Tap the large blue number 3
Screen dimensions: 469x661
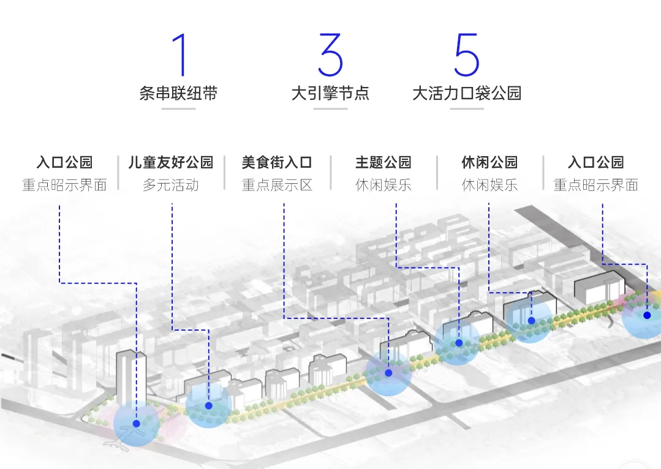330,56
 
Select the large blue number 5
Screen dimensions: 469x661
466,56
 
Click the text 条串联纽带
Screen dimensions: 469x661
178,94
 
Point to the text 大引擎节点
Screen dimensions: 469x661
330,94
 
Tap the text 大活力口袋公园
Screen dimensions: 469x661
467,94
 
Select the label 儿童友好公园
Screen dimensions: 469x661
171,163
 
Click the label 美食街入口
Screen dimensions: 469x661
277,163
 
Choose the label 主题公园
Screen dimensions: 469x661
383,163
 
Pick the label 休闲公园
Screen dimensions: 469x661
489,163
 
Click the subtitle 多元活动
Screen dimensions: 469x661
171,185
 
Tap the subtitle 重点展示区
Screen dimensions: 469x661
277,185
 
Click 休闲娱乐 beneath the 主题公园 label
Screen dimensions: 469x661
383,185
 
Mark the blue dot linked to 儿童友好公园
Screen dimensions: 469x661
209,405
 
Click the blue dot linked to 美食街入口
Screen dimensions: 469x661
388,372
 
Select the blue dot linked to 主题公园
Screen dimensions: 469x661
459,343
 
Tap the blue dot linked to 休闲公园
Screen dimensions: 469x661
531,320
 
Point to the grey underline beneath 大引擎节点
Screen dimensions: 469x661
330,109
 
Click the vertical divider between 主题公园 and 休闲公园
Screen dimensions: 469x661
437,173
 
